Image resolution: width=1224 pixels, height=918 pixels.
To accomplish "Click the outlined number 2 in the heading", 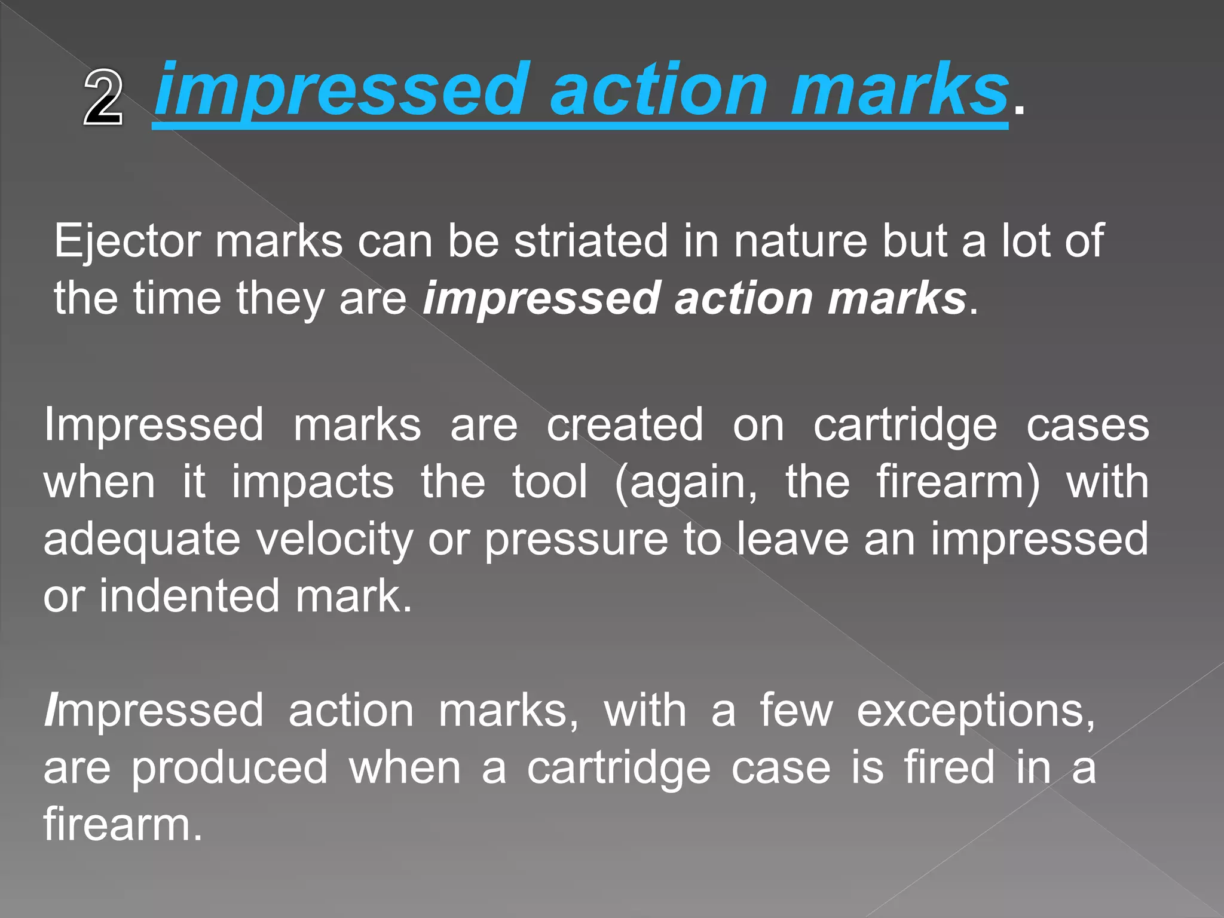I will [103, 97].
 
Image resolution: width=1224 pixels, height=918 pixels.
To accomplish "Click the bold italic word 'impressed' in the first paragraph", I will [541, 298].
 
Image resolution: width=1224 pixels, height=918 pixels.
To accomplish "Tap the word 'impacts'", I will [313, 482].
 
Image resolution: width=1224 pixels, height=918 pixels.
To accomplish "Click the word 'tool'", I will [550, 482].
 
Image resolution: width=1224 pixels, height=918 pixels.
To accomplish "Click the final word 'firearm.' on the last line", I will [123, 824].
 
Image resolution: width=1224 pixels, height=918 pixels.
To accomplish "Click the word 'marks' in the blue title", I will [900, 90].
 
